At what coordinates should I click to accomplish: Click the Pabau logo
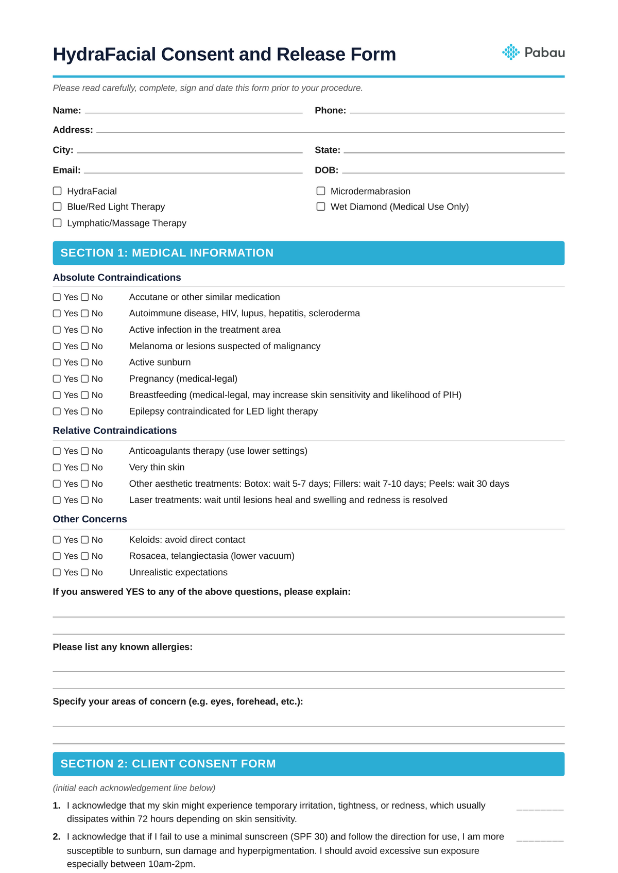(533, 52)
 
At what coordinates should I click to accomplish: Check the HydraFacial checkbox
(57, 191)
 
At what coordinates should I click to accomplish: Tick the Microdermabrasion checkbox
(321, 191)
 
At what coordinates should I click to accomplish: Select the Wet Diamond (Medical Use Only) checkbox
(321, 207)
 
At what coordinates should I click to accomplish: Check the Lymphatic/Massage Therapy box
(57, 223)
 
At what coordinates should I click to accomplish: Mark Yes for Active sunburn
(57, 363)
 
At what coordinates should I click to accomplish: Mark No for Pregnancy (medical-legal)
(85, 379)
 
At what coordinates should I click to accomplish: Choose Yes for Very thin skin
(57, 468)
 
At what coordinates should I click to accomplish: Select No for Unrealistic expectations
(85, 572)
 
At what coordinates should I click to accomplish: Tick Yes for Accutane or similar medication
(57, 297)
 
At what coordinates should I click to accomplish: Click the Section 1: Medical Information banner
(308, 253)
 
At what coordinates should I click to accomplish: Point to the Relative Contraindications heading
(114, 431)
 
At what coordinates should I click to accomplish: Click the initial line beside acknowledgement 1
(540, 809)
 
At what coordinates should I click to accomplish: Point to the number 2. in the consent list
(57, 837)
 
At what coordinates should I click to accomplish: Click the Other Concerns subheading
(90, 519)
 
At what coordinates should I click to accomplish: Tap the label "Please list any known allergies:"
(123, 647)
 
